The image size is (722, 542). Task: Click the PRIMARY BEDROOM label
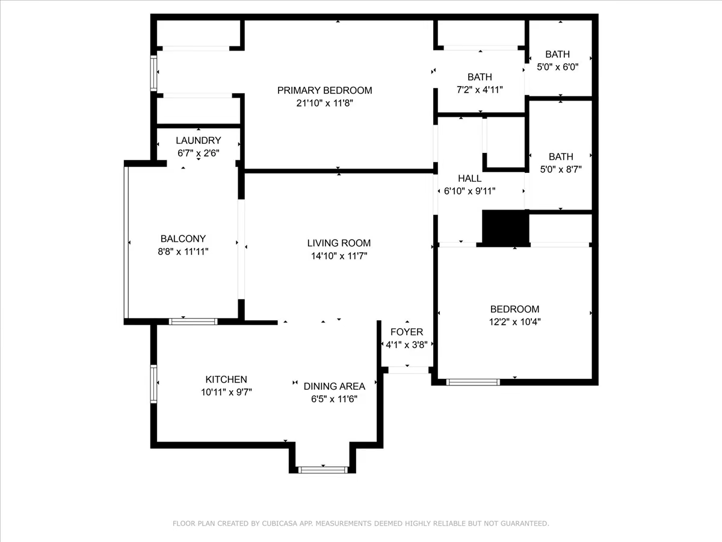[324, 90]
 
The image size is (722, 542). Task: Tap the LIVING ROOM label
[339, 243]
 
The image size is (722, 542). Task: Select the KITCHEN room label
[226, 379]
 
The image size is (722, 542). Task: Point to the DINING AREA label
[334, 387]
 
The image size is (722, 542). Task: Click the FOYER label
[407, 332]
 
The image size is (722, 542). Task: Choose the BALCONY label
[183, 238]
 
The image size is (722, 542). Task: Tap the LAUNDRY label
[198, 140]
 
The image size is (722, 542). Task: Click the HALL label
[469, 178]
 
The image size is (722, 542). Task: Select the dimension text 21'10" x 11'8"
[324, 104]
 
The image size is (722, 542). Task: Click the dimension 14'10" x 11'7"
[339, 256]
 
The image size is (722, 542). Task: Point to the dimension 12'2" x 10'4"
[514, 322]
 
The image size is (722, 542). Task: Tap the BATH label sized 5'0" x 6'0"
[557, 54]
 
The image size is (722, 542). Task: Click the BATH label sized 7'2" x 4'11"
[480, 77]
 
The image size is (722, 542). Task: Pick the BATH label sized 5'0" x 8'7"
[561, 157]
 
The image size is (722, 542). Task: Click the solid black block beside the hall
[505, 228]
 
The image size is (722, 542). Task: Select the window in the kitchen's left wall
[153, 384]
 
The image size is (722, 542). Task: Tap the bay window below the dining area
[322, 470]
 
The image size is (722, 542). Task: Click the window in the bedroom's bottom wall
[473, 382]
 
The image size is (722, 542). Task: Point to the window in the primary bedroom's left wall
[153, 73]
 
